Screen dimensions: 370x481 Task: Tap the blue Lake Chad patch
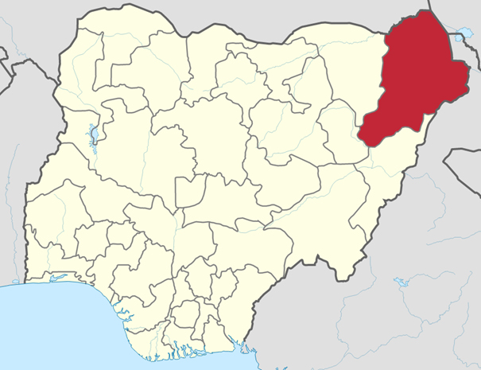(x=459, y=35)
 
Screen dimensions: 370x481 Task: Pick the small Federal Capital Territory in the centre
(x=190, y=191)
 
